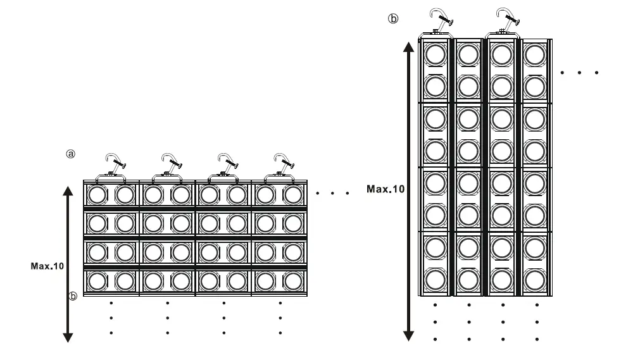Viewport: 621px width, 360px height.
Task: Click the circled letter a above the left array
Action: tap(71, 154)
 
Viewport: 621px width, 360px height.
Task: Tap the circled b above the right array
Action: tap(394, 18)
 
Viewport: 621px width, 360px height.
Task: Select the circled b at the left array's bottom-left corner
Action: tap(73, 295)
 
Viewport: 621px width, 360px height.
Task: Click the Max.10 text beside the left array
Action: tap(47, 266)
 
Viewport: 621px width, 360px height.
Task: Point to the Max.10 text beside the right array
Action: tap(386, 189)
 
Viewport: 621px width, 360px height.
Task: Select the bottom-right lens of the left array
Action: tap(292, 280)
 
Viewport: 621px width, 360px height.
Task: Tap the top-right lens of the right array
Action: tap(535, 54)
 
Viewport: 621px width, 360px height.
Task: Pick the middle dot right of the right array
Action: tap(580, 73)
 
